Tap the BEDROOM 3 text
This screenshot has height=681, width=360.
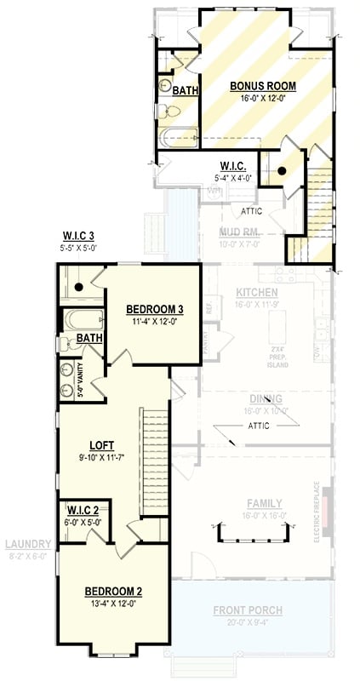point(156,309)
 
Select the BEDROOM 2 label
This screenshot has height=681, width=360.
point(112,591)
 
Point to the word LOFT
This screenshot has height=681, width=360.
point(102,445)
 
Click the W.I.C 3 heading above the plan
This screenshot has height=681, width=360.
point(79,236)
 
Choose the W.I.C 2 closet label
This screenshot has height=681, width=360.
point(83,511)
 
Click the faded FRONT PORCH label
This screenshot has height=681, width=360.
point(249,610)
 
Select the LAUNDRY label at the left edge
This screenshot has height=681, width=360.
point(28,544)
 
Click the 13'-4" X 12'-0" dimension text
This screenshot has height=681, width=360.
point(112,603)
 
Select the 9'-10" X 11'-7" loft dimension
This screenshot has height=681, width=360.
point(102,457)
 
